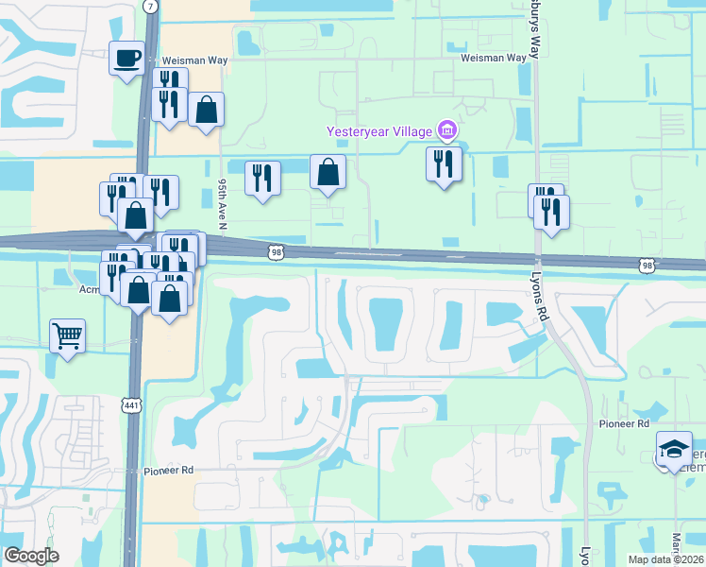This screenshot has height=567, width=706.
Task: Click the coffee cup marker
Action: point(126,60)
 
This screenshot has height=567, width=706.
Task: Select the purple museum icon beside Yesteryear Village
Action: point(447,129)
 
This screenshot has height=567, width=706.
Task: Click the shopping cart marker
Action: point(68,336)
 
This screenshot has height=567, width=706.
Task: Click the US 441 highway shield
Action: point(130,404)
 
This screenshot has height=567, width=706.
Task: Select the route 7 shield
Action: point(151,6)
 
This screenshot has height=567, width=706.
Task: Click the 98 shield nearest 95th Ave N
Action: point(276,251)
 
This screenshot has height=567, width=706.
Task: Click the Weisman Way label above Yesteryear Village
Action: point(493,58)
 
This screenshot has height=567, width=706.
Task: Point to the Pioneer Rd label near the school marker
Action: point(624,424)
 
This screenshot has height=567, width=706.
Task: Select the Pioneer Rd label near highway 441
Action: point(168,470)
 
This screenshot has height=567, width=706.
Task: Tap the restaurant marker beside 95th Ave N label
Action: point(261,179)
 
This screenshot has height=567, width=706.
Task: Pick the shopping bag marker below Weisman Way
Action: point(206,111)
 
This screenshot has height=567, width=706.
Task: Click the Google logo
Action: point(31,556)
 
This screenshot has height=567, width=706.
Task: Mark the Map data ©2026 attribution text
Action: point(666,559)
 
